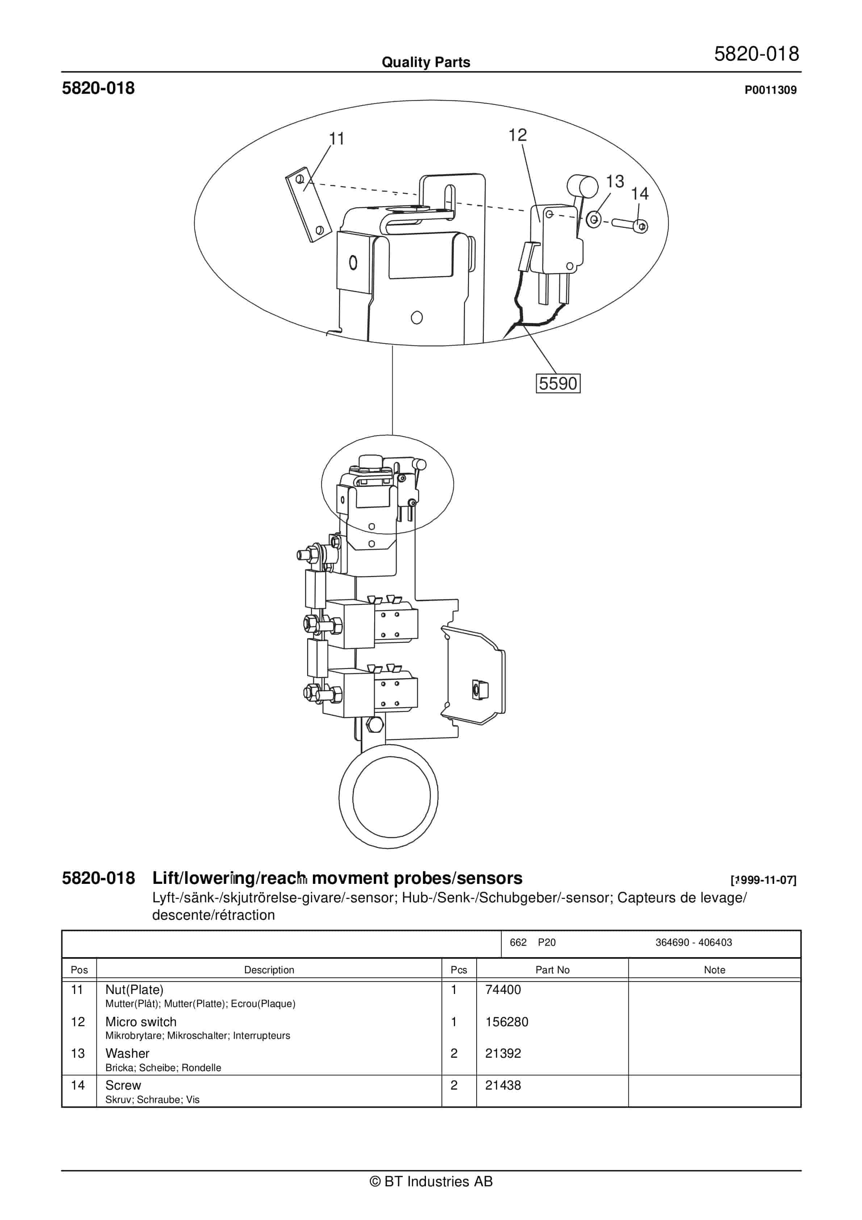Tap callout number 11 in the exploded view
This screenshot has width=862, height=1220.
click(336, 139)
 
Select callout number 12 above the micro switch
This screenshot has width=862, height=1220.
click(517, 135)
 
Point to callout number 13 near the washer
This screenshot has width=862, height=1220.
click(615, 181)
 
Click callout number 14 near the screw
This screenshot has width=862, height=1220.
click(640, 193)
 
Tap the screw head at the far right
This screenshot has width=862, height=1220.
click(641, 227)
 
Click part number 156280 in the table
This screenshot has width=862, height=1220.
click(506, 1022)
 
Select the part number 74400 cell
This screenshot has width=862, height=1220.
click(503, 989)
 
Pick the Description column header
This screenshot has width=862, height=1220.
click(269, 970)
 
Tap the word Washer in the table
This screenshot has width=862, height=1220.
click(127, 1053)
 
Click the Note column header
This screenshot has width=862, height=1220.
click(714, 970)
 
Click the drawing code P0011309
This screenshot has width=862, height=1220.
click(770, 90)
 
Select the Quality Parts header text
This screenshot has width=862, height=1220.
click(426, 62)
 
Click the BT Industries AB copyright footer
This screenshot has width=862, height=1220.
click(431, 1181)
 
